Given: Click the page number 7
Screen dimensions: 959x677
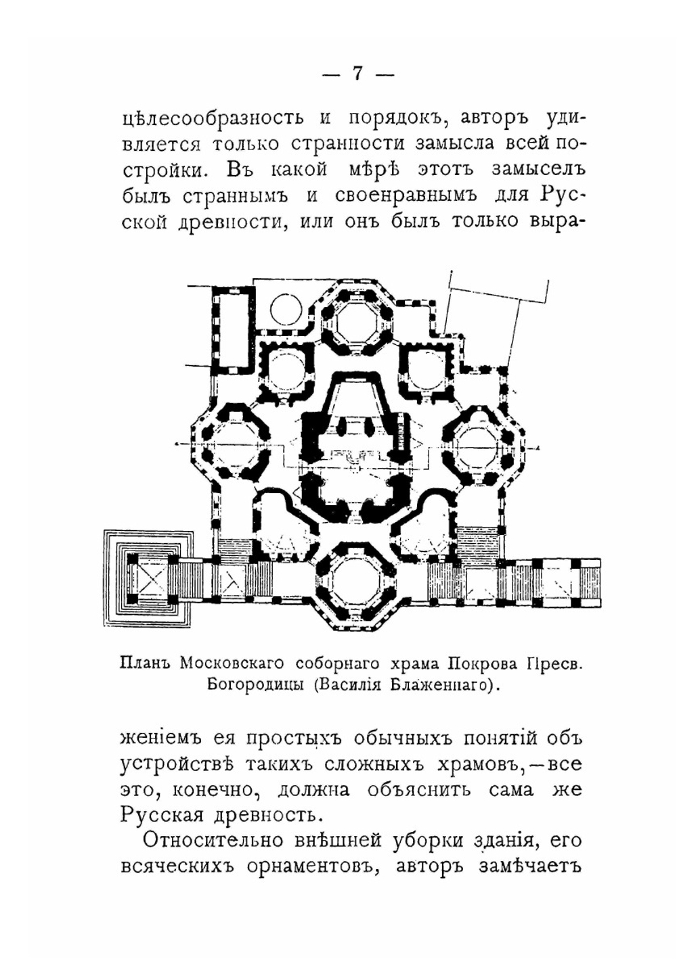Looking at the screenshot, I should (357, 73).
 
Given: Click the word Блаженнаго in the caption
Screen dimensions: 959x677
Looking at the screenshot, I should (440, 684).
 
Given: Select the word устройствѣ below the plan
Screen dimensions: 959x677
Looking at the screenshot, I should (177, 764).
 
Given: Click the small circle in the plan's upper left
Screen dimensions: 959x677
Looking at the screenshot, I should (286, 310).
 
